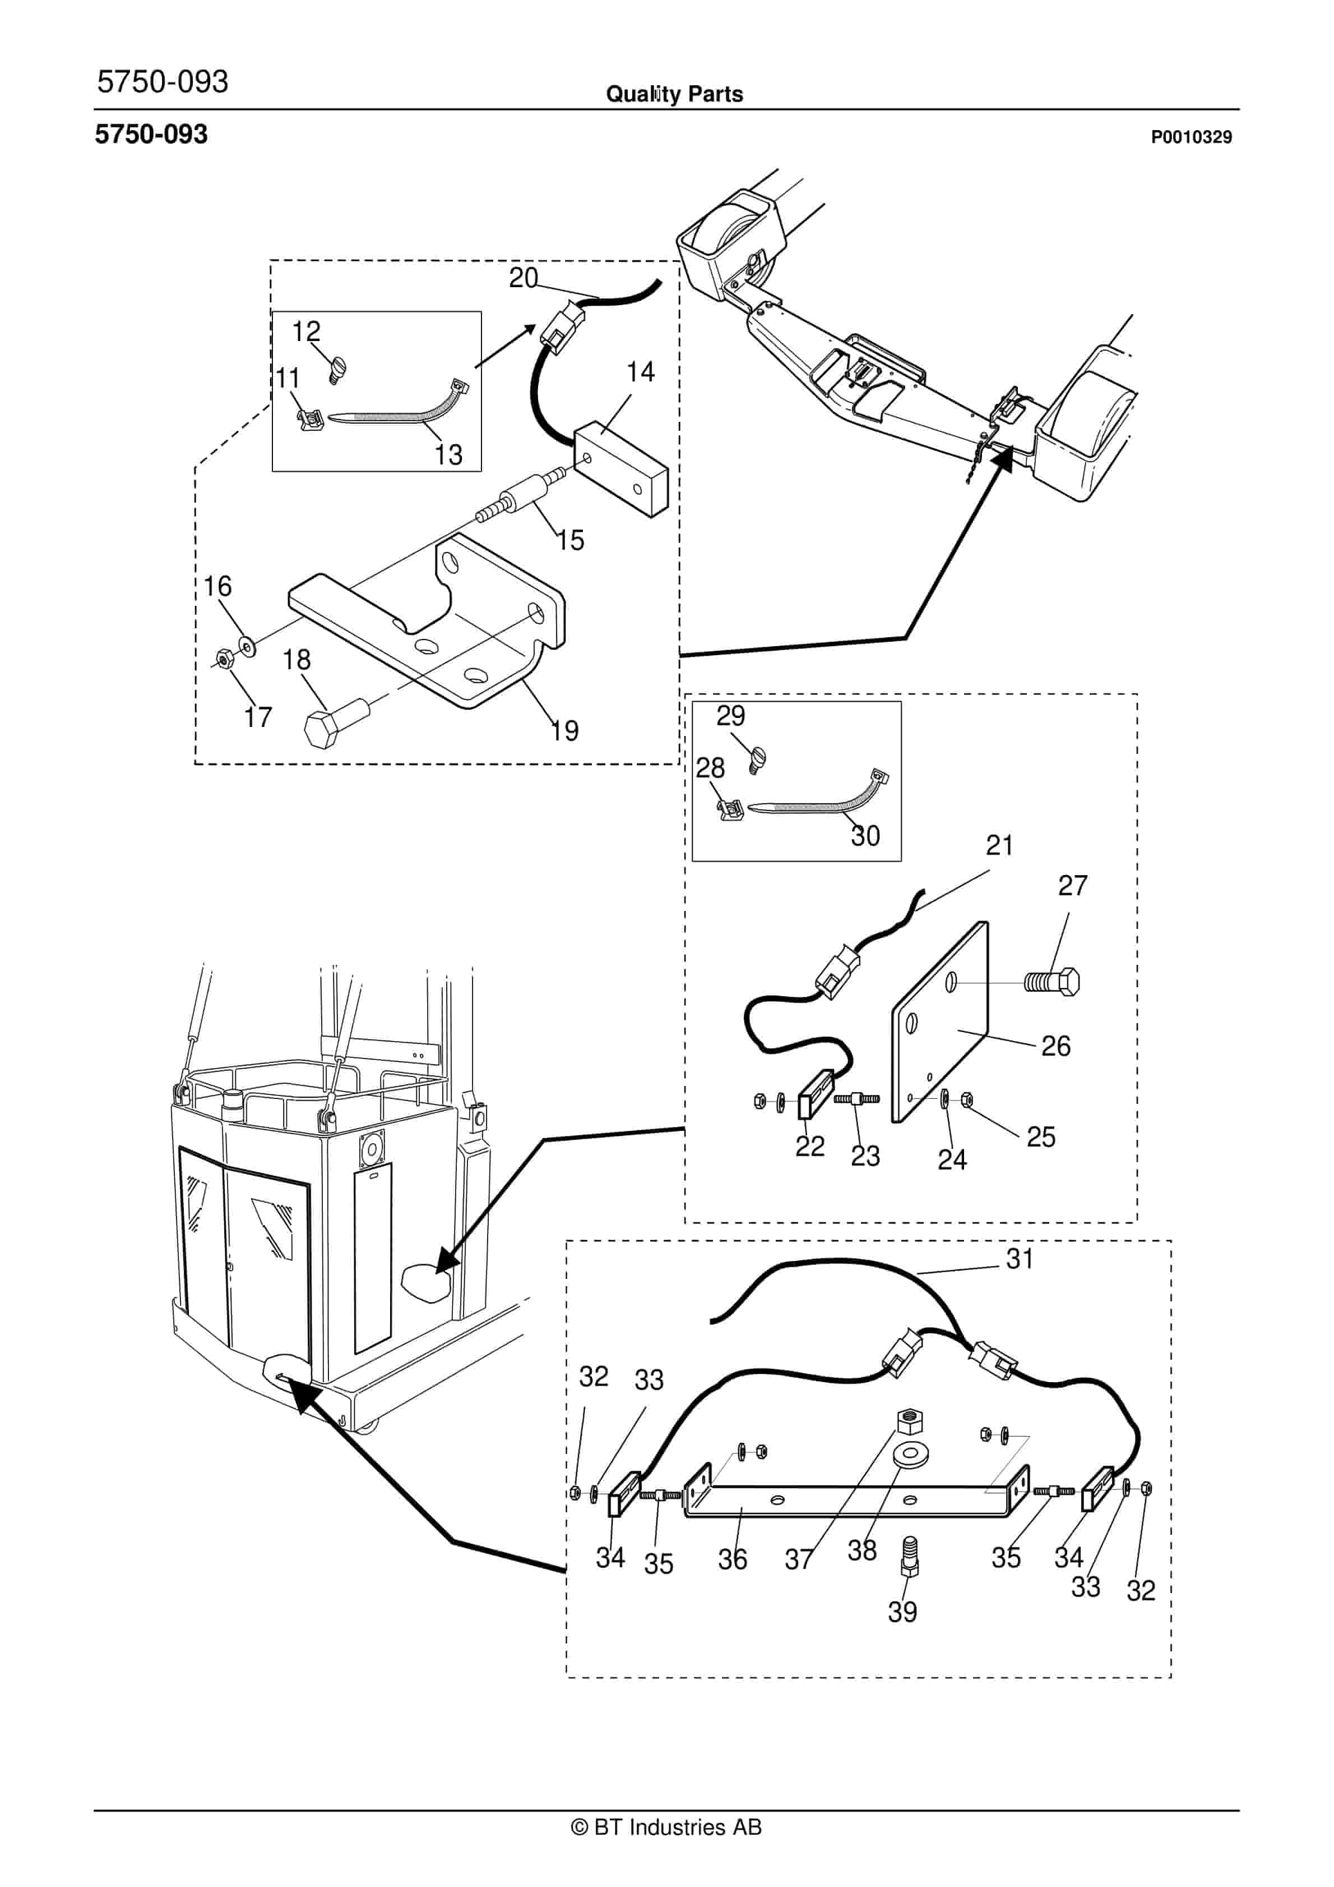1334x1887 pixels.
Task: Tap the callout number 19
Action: pyautogui.click(x=564, y=731)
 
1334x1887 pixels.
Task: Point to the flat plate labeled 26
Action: pyautogui.click(x=940, y=1021)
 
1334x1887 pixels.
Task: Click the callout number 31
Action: pyautogui.click(x=1020, y=1258)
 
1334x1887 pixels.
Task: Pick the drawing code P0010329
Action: pyautogui.click(x=1191, y=137)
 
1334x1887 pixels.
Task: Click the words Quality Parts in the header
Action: pyautogui.click(x=674, y=94)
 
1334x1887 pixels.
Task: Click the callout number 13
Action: pyautogui.click(x=448, y=454)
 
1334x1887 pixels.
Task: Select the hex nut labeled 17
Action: pyautogui.click(x=222, y=659)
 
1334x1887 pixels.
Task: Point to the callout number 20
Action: pyautogui.click(x=524, y=278)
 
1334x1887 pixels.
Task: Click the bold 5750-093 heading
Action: pyautogui.click(x=151, y=134)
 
